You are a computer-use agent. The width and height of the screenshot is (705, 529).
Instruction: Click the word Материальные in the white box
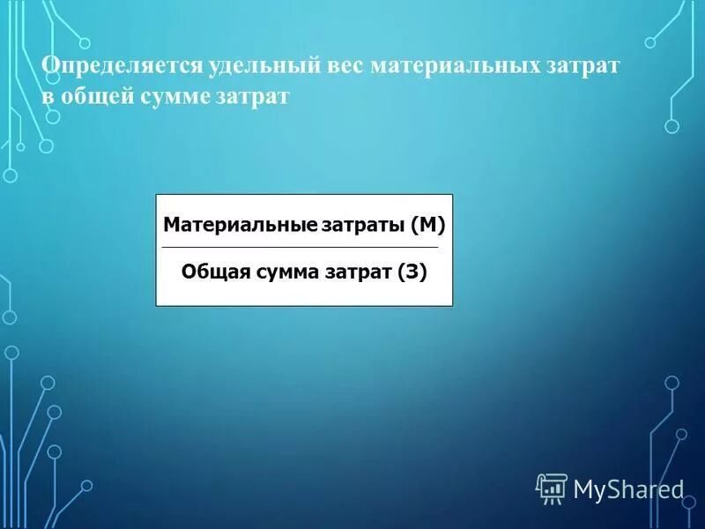(239, 226)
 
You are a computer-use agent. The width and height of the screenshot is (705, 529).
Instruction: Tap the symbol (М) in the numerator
(427, 226)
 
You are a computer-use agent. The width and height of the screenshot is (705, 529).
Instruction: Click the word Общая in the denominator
(215, 272)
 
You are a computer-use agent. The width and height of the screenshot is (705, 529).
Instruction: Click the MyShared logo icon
(552, 487)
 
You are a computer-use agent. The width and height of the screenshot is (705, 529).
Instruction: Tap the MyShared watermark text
(628, 488)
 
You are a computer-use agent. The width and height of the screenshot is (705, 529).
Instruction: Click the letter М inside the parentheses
(427, 226)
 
